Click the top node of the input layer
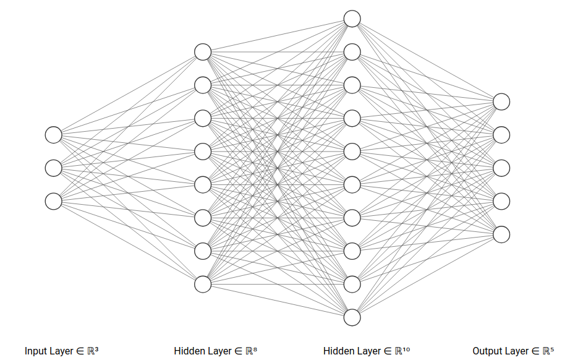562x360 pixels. [x=54, y=135]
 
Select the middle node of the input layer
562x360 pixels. [x=54, y=168]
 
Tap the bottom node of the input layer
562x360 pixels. [x=54, y=201]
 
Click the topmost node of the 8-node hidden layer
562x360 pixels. [x=203, y=52]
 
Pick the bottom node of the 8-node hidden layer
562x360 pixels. [x=203, y=284]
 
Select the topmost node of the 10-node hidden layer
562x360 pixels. [x=352, y=19]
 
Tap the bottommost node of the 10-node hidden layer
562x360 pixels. [x=352, y=317]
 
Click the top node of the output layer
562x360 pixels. [x=501, y=101]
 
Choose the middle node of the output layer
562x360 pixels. [x=501, y=168]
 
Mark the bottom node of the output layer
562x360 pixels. [x=501, y=234]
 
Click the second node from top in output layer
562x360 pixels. [x=501, y=135]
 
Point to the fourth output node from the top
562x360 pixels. [x=501, y=201]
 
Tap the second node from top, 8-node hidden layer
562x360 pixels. [x=203, y=85]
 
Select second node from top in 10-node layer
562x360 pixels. [x=352, y=52]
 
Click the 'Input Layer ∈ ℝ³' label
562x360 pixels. [x=62, y=351]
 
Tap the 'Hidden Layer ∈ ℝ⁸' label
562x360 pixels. [x=215, y=351]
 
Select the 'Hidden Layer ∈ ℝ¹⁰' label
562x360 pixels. [x=366, y=351]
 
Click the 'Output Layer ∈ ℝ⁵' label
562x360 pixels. [x=513, y=351]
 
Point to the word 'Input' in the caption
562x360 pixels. [x=35, y=351]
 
